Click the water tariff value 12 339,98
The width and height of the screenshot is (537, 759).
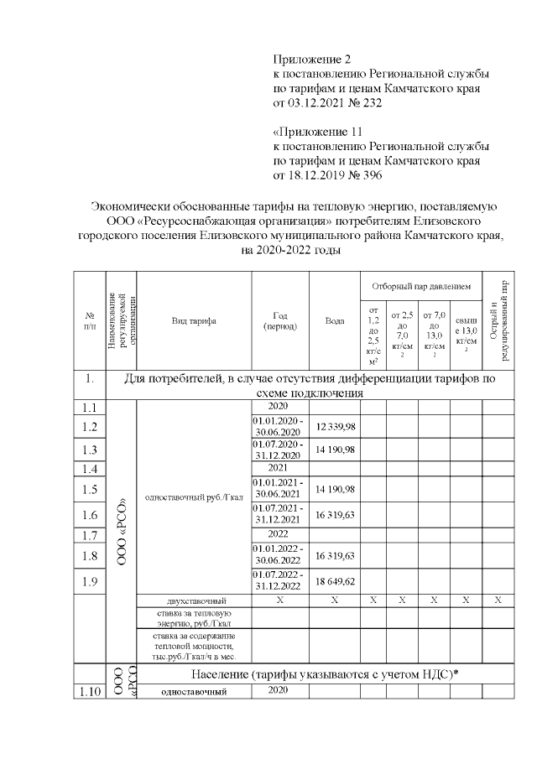(x=335, y=427)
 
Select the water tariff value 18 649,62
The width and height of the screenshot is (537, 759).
(x=335, y=580)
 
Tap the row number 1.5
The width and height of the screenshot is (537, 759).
(x=91, y=490)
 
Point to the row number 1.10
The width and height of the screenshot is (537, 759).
(x=91, y=692)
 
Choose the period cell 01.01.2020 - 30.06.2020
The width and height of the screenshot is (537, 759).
(x=280, y=427)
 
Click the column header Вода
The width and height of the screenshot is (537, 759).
(x=335, y=320)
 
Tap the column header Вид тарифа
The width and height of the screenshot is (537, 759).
(x=193, y=320)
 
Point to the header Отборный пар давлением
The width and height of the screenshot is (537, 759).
(x=421, y=285)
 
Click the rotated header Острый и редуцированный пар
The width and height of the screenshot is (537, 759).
(x=498, y=320)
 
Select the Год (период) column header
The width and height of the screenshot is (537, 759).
(x=280, y=320)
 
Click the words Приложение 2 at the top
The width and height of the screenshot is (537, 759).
(x=310, y=60)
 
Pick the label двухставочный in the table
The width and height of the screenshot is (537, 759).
(x=193, y=601)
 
